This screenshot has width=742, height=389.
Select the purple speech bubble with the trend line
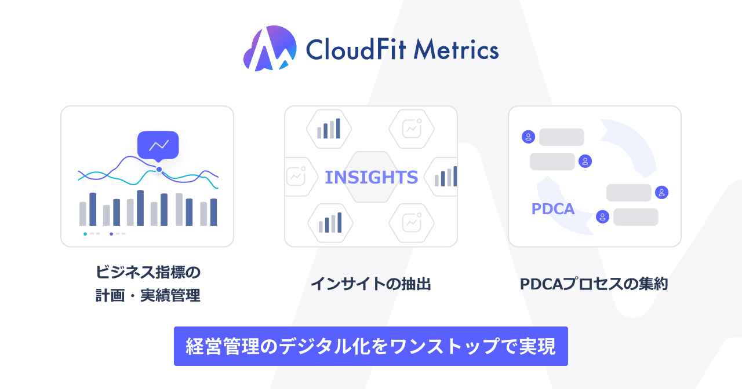click(158, 145)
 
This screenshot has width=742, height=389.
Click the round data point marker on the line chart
click(159, 170)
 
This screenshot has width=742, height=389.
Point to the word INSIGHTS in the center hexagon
click(371, 177)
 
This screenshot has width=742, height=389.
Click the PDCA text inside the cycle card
click(553, 209)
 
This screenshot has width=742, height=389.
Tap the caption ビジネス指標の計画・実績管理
click(148, 284)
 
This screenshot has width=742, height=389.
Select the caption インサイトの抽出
click(371, 284)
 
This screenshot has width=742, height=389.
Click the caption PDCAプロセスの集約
click(594, 284)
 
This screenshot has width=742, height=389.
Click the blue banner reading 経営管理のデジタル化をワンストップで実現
click(371, 346)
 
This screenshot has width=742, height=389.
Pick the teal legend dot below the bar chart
click(85, 234)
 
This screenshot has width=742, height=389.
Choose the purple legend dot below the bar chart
click(111, 234)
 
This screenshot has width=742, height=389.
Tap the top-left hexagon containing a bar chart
click(329, 129)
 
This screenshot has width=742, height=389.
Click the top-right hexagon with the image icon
click(413, 129)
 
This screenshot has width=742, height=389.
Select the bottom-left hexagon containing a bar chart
click(329, 223)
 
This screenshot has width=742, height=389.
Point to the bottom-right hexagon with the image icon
click(413, 223)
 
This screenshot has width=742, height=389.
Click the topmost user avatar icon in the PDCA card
click(528, 137)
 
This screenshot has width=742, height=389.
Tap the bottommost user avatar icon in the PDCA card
click(603, 217)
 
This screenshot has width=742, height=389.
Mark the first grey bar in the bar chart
click(83, 214)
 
